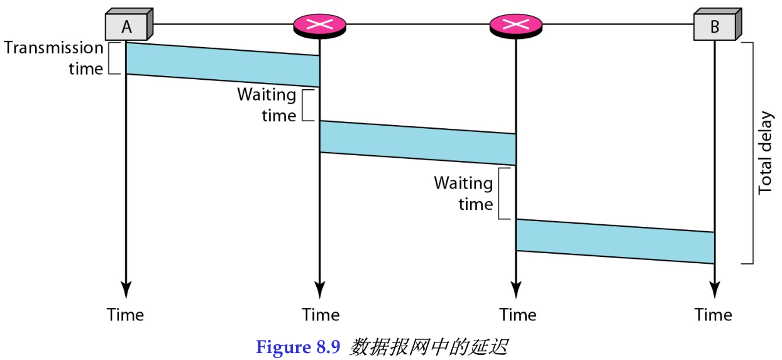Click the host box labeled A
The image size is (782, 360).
pyautogui.click(x=126, y=27)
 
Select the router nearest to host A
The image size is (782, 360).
pyautogui.click(x=320, y=25)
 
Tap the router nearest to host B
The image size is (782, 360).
pyautogui.click(x=516, y=25)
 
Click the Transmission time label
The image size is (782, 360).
pyautogui.click(x=53, y=58)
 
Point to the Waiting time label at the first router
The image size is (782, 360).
pyautogui.click(x=267, y=105)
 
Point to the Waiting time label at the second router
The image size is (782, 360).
pyautogui.click(x=463, y=194)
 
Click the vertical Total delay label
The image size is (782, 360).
pyautogui.click(x=765, y=153)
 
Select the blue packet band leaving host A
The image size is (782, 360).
pyautogui.click(x=223, y=65)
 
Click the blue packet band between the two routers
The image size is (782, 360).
pyautogui.click(x=418, y=143)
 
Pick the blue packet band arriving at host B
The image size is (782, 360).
pyautogui.click(x=615, y=241)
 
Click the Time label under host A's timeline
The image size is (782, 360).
pyautogui.click(x=125, y=314)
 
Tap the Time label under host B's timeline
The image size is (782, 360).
pyautogui.click(x=713, y=314)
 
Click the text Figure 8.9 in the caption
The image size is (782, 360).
pyautogui.click(x=299, y=347)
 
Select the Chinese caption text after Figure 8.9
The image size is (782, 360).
pyautogui.click(x=428, y=347)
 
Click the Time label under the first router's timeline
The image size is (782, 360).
pyautogui.click(x=321, y=314)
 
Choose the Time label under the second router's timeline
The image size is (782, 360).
pyautogui.click(x=518, y=314)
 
